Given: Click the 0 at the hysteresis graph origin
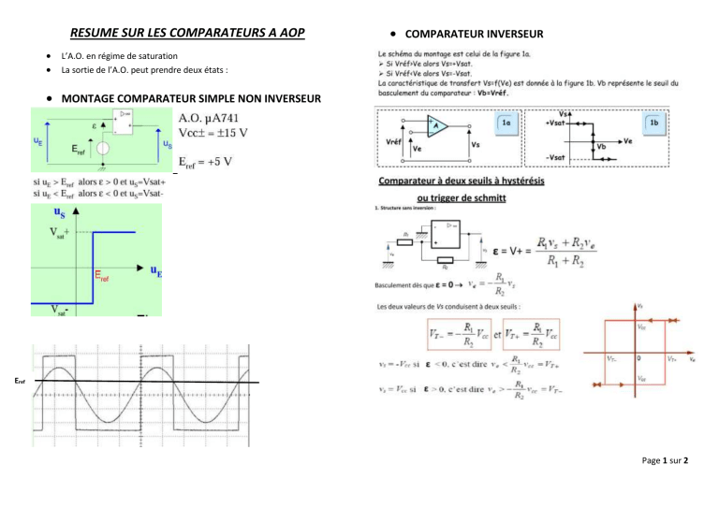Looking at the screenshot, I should [x=638, y=357].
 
